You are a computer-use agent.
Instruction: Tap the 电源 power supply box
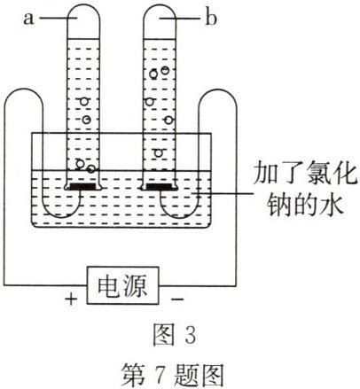pos(124,285)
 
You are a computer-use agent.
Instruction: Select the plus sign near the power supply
pos(70,299)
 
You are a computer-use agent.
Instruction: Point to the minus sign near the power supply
pos(178,299)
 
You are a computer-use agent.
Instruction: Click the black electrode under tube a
pos(83,188)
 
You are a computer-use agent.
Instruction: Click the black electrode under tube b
pos(160,188)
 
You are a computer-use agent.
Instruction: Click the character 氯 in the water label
pos(304,172)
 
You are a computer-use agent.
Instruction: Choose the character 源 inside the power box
pos(142,285)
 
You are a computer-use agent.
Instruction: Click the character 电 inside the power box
pos(107,285)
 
